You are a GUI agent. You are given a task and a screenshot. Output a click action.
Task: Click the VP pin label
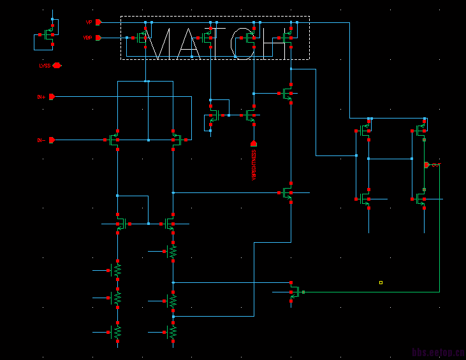click(x=89, y=22)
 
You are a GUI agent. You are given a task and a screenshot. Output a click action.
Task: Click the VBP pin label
click(x=87, y=38)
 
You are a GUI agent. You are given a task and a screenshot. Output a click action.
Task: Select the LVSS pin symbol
click(x=57, y=65)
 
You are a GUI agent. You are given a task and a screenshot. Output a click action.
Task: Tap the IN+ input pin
click(x=52, y=97)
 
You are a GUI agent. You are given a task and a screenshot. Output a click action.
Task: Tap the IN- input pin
click(x=52, y=140)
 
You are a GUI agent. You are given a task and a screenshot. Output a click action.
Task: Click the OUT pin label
click(x=435, y=165)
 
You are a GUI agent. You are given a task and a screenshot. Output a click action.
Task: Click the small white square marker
click(x=381, y=282)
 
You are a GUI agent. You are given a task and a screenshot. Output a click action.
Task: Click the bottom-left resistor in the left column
click(x=117, y=332)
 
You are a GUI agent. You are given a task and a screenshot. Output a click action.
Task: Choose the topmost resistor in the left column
click(x=117, y=271)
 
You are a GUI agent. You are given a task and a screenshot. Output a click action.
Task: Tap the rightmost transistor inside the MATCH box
click(x=289, y=38)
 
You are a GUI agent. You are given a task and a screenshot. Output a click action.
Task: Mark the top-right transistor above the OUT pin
click(x=421, y=131)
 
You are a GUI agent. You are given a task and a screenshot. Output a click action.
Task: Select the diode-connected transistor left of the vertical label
click(x=212, y=116)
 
